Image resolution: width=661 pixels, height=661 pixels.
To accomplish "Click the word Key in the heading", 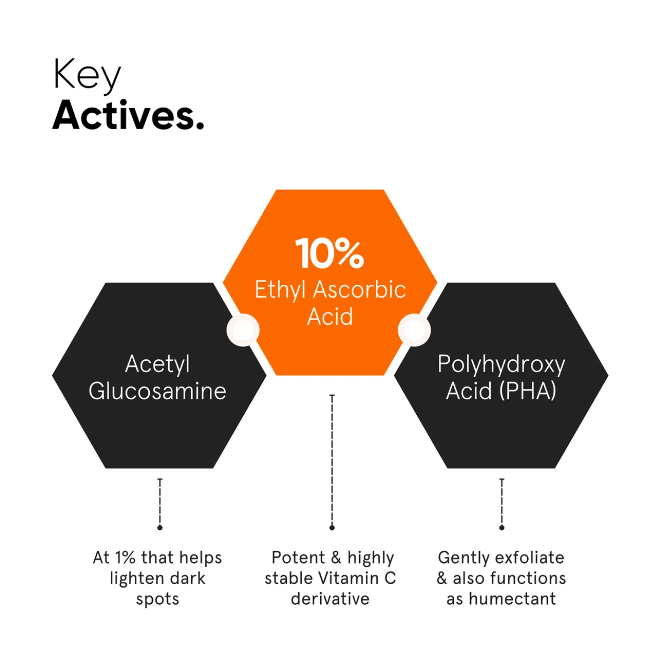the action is pyautogui.click(x=87, y=77).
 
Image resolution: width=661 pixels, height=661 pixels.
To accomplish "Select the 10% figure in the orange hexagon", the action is pyautogui.click(x=329, y=254).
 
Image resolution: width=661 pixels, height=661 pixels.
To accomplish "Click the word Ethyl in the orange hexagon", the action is pyautogui.click(x=280, y=290).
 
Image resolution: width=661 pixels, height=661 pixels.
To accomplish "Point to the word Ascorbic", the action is pyautogui.click(x=359, y=289).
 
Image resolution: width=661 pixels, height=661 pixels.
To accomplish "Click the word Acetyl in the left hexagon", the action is pyautogui.click(x=157, y=365).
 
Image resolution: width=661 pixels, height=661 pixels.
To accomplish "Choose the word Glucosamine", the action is pyautogui.click(x=158, y=391).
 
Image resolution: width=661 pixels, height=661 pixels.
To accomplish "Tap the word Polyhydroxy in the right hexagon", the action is pyautogui.click(x=501, y=365).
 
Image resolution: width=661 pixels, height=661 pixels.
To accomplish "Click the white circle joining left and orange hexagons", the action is pyautogui.click(x=243, y=330).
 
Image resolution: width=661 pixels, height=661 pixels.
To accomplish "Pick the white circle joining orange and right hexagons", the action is pyautogui.click(x=414, y=330).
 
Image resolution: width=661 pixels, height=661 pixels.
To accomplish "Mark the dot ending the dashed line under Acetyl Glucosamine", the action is pyautogui.click(x=160, y=528).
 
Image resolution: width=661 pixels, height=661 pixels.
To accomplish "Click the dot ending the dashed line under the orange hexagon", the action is pyautogui.click(x=332, y=528).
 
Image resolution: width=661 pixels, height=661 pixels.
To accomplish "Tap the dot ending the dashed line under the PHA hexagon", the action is pyautogui.click(x=502, y=528).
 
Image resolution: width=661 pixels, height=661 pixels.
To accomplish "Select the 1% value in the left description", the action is pyautogui.click(x=125, y=558).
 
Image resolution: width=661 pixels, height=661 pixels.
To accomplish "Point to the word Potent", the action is pyautogui.click(x=298, y=558).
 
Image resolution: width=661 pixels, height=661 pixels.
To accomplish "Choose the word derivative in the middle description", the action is pyautogui.click(x=330, y=599).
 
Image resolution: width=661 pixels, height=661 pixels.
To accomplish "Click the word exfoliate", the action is pyautogui.click(x=530, y=558).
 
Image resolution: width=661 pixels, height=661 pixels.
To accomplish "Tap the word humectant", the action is pyautogui.click(x=512, y=599).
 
